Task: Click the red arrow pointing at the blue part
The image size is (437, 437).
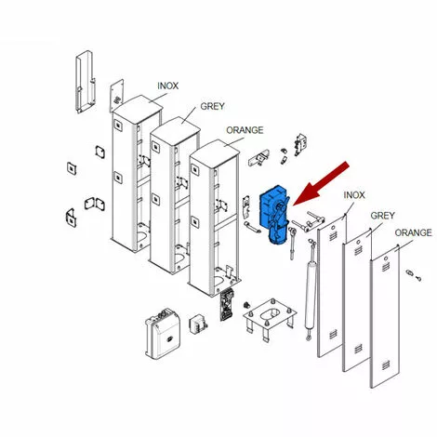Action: pyautogui.click(x=320, y=184)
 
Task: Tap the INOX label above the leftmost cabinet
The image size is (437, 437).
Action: pyautogui.click(x=167, y=86)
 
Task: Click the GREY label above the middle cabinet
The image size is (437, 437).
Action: pyautogui.click(x=212, y=106)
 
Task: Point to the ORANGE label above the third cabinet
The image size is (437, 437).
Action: pyautogui.click(x=245, y=130)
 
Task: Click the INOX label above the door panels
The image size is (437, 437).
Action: pyautogui.click(x=354, y=195)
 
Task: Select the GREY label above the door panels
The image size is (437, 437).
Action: pyautogui.click(x=382, y=215)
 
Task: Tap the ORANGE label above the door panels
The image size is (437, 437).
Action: pyautogui.click(x=413, y=232)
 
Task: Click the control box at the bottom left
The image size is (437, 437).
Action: pyautogui.click(x=163, y=334)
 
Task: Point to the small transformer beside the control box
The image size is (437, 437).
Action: pyautogui.click(x=198, y=324)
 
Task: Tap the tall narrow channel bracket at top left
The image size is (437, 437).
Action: pyautogui.click(x=85, y=81)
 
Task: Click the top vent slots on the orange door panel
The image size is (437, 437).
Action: pyautogui.click(x=386, y=267)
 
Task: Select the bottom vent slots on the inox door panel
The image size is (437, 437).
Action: pyautogui.click(x=333, y=334)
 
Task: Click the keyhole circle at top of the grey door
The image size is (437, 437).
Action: pyautogui.click(x=358, y=242)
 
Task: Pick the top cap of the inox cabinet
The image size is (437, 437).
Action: pyautogui.click(x=138, y=108)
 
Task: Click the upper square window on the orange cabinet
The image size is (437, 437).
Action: pyautogui.click(x=195, y=169)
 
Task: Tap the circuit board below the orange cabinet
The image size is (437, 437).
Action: pyautogui.click(x=227, y=304)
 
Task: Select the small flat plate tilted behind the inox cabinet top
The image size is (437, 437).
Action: pyautogui.click(x=116, y=95)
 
